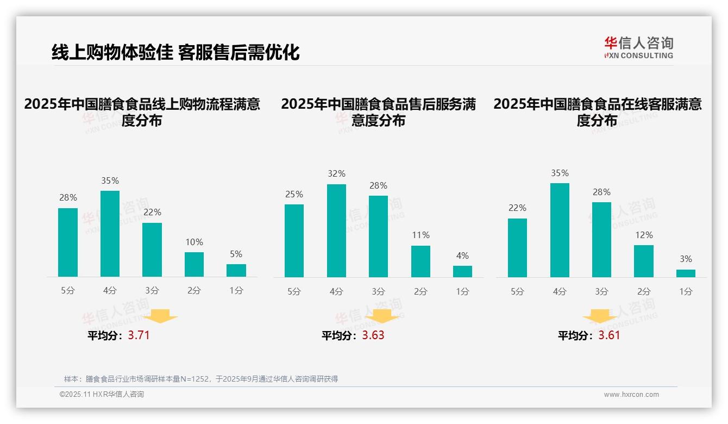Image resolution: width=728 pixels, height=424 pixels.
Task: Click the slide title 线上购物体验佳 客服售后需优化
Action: [x=175, y=52]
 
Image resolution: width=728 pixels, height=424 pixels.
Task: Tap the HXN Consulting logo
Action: [x=638, y=48]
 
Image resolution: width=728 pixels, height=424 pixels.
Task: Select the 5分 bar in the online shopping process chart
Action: [x=68, y=242]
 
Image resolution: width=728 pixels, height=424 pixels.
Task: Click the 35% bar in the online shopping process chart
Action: [x=110, y=234]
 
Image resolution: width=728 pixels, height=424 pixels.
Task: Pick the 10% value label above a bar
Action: [x=194, y=242]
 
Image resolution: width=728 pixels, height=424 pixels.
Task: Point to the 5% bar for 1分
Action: [x=236, y=270]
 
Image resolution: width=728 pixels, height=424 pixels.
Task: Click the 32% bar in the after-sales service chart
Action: [x=336, y=231]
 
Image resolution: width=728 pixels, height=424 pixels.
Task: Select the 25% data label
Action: [x=294, y=194]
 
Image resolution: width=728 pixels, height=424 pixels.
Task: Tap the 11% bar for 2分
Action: [x=421, y=261]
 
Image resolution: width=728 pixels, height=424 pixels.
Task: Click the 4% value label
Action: [x=462, y=255]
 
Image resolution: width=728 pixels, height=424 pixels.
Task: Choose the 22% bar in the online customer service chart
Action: [x=517, y=248]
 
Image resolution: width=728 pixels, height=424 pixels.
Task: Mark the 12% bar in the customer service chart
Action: [x=644, y=261]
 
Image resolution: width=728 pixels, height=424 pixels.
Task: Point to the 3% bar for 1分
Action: [x=686, y=273]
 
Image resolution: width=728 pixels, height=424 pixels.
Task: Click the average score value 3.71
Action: [x=139, y=335]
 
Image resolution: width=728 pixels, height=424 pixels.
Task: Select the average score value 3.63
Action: [x=373, y=335]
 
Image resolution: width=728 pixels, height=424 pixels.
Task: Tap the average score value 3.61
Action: [x=609, y=335]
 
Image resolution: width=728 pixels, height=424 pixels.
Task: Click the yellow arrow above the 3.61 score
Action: [x=600, y=316]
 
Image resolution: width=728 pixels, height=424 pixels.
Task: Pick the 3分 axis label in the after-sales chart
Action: [x=378, y=291]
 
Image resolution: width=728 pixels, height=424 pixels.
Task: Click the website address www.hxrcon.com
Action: [x=631, y=395]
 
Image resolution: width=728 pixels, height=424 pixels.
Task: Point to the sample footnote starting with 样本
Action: [x=201, y=379]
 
